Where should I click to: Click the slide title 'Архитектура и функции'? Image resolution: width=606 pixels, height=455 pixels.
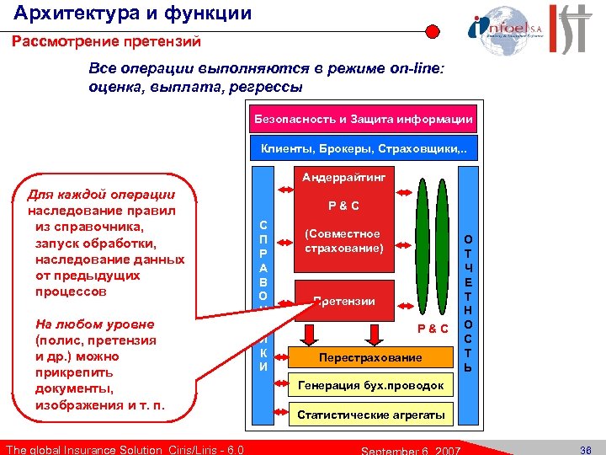(132, 13)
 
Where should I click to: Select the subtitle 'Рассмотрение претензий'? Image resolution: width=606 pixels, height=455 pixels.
(106, 41)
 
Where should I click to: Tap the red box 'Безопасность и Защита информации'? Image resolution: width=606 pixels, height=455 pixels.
(364, 119)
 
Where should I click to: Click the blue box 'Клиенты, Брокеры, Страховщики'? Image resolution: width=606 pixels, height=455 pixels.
(364, 149)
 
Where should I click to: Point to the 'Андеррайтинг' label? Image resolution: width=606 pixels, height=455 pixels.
(343, 179)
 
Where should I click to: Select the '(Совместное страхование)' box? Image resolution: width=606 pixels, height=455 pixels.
(343, 241)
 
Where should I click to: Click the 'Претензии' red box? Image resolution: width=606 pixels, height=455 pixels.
(343, 301)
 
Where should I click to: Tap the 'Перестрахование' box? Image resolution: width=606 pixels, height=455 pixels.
(370, 357)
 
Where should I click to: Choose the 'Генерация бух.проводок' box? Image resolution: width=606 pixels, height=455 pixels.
(370, 386)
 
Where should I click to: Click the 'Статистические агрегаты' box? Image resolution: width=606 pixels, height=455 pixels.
(370, 415)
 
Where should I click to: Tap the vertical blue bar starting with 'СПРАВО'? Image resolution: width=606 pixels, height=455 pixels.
(263, 278)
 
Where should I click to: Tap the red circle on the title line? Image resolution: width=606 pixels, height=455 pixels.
(432, 31)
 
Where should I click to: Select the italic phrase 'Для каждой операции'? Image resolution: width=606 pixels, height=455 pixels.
(101, 195)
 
